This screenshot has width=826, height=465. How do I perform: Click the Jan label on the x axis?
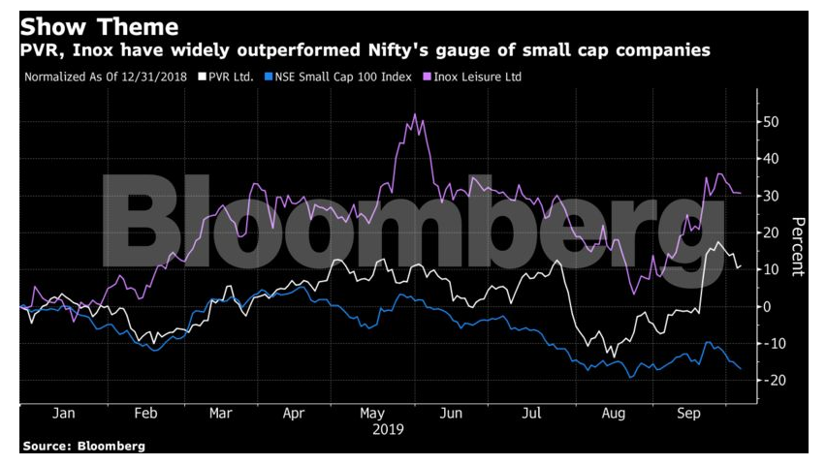tap(64, 413)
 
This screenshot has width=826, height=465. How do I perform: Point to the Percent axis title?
tap(797, 245)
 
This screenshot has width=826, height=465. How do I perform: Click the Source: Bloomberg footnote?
tap(83, 447)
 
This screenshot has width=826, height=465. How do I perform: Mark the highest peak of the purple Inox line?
tap(415, 114)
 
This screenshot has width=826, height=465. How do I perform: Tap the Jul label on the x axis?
tap(530, 413)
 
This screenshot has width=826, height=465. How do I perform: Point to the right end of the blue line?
tap(742, 369)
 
